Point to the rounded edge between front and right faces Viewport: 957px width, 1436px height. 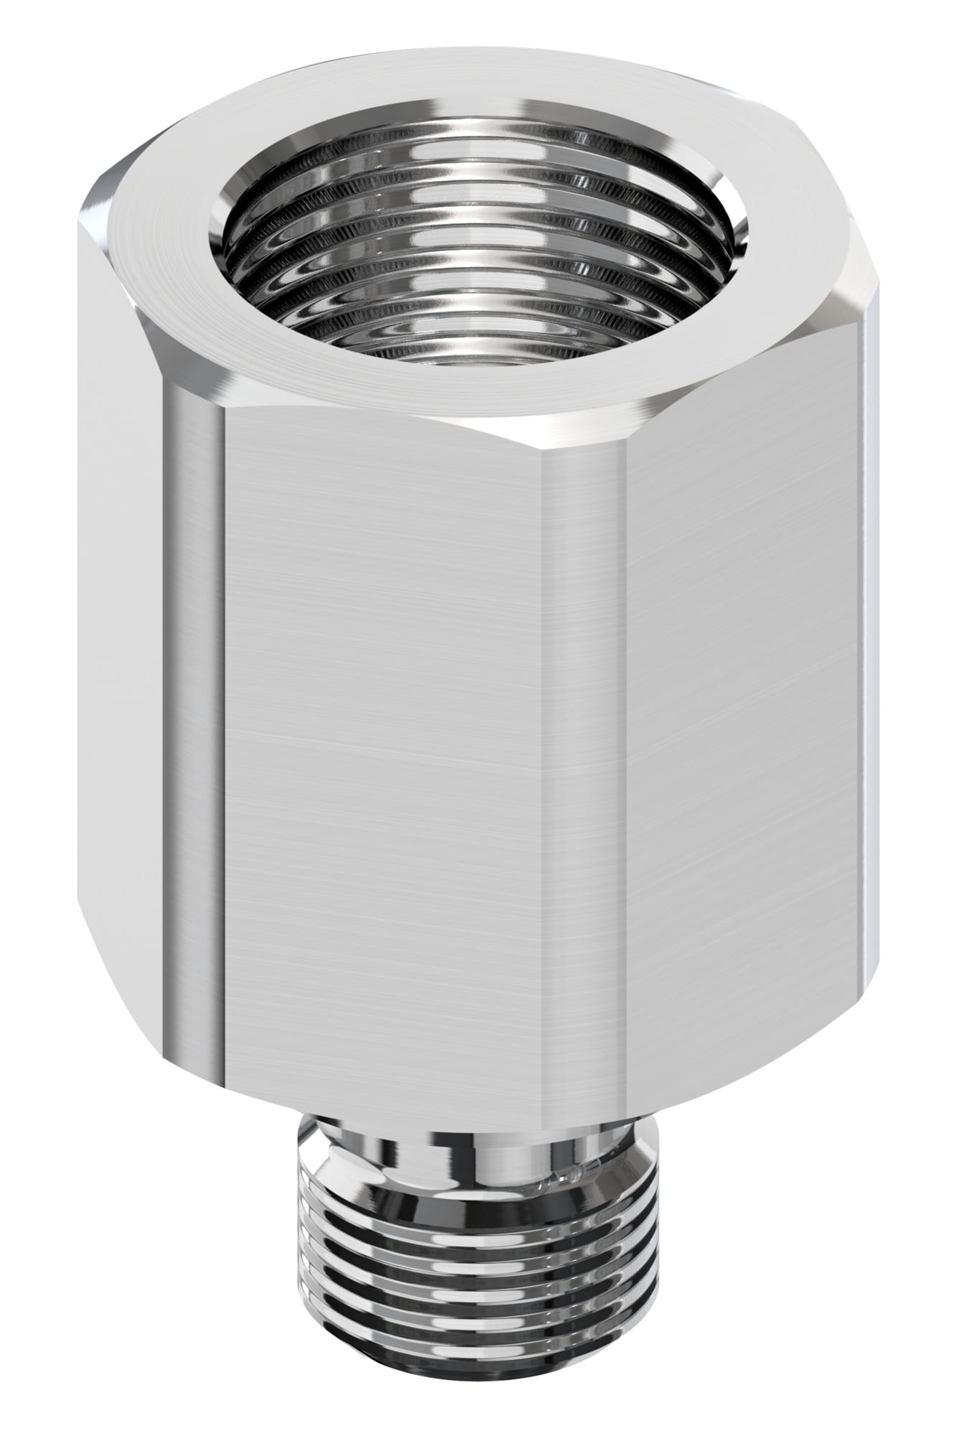point(585,790)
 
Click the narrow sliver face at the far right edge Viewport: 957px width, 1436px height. point(872,646)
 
